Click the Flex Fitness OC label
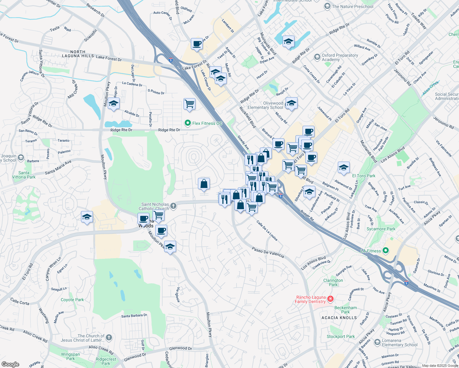tap(207, 123)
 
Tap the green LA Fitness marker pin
tap(386, 251)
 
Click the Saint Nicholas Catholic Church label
tap(155, 206)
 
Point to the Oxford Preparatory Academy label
tap(340, 57)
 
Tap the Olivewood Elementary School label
tap(265, 105)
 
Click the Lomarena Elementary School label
tap(399, 343)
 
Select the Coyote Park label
tap(72, 300)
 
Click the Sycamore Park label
tap(381, 229)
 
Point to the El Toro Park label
tap(364, 176)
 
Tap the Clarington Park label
tap(333, 282)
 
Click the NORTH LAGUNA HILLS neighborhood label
tap(78, 54)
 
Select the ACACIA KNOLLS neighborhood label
tap(339, 318)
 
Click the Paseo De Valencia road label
tap(268, 252)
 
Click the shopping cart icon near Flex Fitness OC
tap(189, 104)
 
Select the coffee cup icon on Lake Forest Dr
tap(197, 44)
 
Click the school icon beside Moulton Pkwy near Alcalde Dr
tap(114, 103)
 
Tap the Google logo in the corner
tap(10, 364)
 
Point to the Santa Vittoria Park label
tap(24, 175)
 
